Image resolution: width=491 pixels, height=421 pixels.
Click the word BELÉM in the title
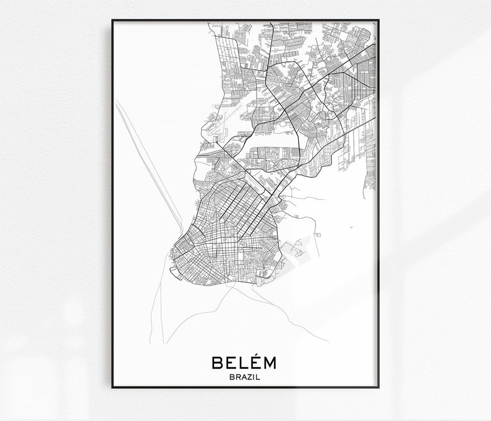(x=246, y=362)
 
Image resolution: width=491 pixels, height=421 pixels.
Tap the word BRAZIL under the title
(x=246, y=375)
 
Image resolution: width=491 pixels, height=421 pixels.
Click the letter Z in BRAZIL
(x=250, y=375)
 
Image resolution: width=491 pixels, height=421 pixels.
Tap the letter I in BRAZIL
(x=255, y=375)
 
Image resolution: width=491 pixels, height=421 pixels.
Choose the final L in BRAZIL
(x=260, y=375)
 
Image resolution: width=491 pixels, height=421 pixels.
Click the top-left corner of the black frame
(x=113, y=20)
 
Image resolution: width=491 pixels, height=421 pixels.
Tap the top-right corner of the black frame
(x=378, y=20)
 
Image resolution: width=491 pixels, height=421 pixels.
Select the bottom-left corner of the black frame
(x=113, y=388)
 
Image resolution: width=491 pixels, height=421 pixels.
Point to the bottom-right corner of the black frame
(x=378, y=388)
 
